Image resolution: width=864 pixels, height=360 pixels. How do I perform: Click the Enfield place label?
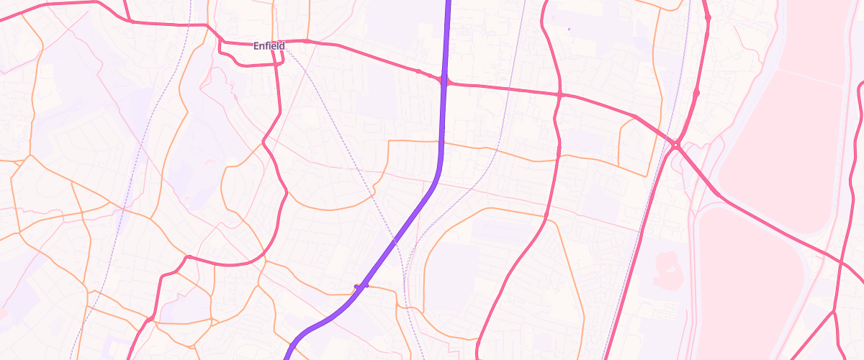coord(269,46)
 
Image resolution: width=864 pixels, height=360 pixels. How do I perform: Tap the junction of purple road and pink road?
coord(444,81)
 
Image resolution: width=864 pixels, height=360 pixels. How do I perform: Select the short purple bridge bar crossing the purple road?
coord(361,286)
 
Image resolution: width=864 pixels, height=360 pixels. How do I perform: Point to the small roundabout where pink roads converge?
coord(676,145)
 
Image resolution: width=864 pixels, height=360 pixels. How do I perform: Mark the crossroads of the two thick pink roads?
coord(559,94)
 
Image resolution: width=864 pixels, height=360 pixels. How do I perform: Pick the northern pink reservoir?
coord(806,94)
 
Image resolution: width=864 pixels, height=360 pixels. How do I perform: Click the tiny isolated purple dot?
coord(569,29)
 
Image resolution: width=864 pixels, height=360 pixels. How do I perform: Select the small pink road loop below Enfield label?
coord(248,55)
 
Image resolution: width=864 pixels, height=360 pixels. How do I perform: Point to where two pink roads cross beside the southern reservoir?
coord(840,264)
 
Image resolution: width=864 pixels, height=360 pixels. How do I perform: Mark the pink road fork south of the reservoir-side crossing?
coord(833,312)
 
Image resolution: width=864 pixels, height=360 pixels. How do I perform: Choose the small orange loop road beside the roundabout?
coord(634,144)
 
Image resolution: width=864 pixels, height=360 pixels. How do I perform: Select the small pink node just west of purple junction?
coord(418,71)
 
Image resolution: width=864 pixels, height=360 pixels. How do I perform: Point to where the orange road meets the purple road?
coord(441,142)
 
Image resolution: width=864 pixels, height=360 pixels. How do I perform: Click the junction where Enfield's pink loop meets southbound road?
coord(279,64)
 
